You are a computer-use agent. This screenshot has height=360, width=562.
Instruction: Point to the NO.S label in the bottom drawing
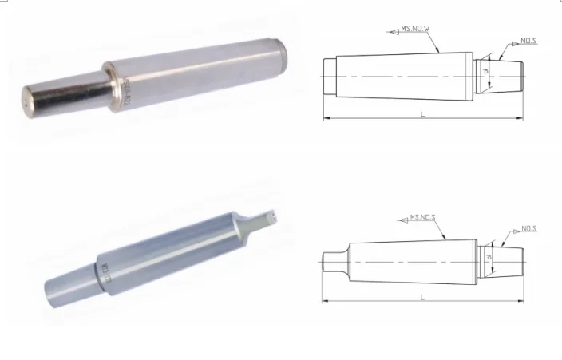click(528, 229)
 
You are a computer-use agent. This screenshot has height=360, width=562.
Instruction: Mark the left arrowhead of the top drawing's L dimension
click(326, 119)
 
